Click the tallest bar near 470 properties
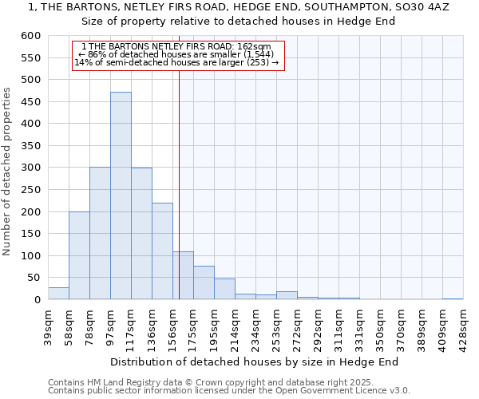(121, 196)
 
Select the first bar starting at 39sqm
(58, 294)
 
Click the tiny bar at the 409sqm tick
(453, 298)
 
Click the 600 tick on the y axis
(30, 36)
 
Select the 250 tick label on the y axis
(30, 190)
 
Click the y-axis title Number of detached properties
(7, 172)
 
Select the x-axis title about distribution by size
(254, 361)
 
